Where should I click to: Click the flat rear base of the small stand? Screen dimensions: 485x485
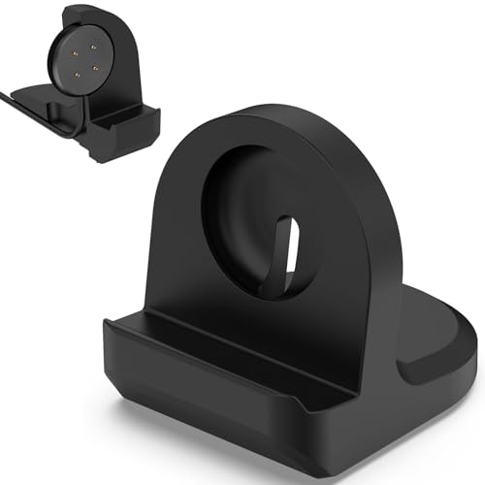click(44, 102)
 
